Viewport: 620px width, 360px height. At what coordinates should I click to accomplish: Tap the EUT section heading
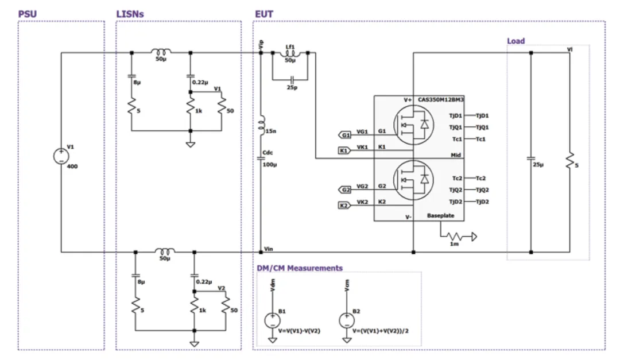(x=264, y=13)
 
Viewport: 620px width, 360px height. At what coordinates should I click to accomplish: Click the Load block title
(x=516, y=41)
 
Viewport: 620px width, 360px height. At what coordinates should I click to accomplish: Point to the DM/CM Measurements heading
(x=299, y=268)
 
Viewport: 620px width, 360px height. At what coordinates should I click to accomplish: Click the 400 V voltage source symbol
(x=61, y=156)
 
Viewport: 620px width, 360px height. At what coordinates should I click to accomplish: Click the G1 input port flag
(x=345, y=136)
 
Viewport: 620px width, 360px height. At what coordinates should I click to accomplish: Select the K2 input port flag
(x=345, y=205)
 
